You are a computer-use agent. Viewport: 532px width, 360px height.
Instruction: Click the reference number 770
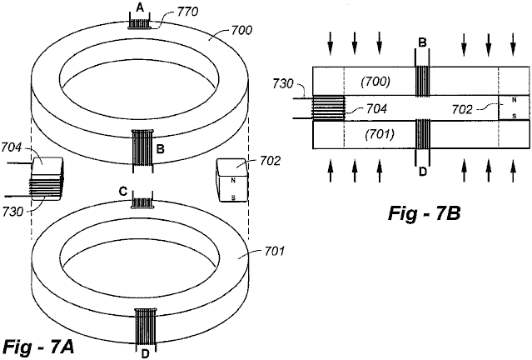coord(187,12)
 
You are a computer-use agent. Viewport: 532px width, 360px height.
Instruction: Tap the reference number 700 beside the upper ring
coord(241,30)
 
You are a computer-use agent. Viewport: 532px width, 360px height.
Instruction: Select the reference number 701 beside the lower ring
coord(273,252)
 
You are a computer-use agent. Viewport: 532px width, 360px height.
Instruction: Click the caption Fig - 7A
coord(37,347)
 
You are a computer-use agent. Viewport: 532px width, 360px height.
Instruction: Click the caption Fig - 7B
coord(424,214)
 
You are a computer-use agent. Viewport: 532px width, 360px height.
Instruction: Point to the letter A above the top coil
coord(139,7)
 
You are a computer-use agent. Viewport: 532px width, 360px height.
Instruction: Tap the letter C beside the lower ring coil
coord(123,192)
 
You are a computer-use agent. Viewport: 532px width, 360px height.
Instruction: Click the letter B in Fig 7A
coord(161,149)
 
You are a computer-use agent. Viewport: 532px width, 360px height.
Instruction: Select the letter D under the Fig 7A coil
coord(145,354)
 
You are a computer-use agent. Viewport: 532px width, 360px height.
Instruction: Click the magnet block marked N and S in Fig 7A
coord(232,180)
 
